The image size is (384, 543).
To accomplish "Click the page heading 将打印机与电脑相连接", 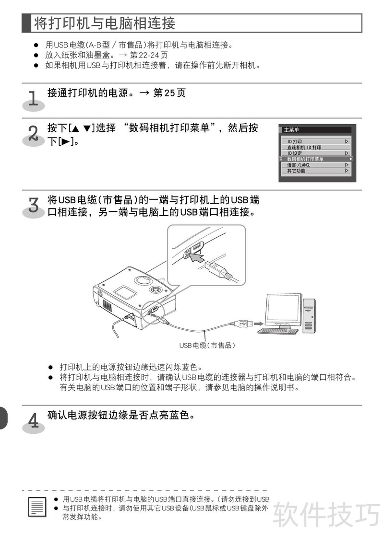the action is tap(105, 23).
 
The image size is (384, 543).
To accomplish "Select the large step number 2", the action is tap(33, 133).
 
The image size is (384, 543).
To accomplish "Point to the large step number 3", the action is tap(33, 205).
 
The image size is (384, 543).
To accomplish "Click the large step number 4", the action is tap(33, 420).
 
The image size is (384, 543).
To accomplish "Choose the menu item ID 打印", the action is tap(295, 141).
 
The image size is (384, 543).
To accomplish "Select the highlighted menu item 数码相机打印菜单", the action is tap(305, 159).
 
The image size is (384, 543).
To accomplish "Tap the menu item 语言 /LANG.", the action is tap(298, 165).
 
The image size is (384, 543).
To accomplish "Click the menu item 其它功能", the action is tap(296, 171).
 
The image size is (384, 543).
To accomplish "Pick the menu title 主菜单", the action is tap(291, 130).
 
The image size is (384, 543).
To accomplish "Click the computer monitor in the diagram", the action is tap(283, 311).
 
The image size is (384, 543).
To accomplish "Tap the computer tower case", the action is tap(310, 315).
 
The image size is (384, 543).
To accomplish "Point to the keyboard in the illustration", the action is tap(278, 331).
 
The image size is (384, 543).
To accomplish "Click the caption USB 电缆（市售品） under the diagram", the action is tap(207, 345).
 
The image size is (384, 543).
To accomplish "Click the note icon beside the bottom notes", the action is tap(37, 507).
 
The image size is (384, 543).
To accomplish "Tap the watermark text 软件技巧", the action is tap(326, 514).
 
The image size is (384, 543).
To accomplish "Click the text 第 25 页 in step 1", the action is tap(169, 93).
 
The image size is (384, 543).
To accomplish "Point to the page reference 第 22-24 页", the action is tap(148, 55).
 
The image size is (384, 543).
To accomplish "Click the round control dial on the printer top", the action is tap(155, 289).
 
